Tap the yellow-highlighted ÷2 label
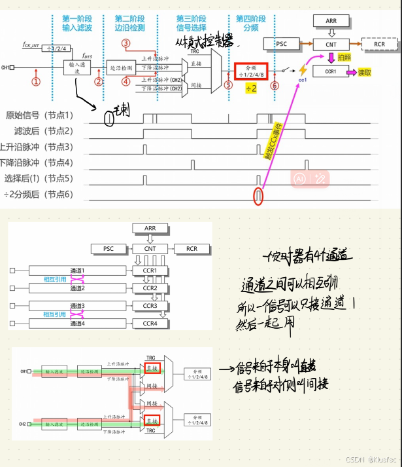(251, 89)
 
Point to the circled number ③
(126, 43)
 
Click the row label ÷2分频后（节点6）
(38, 195)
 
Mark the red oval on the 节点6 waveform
(258, 195)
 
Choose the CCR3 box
(150, 306)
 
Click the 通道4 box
(78, 324)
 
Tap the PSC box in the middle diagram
(108, 249)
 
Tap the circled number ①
(36, 81)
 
